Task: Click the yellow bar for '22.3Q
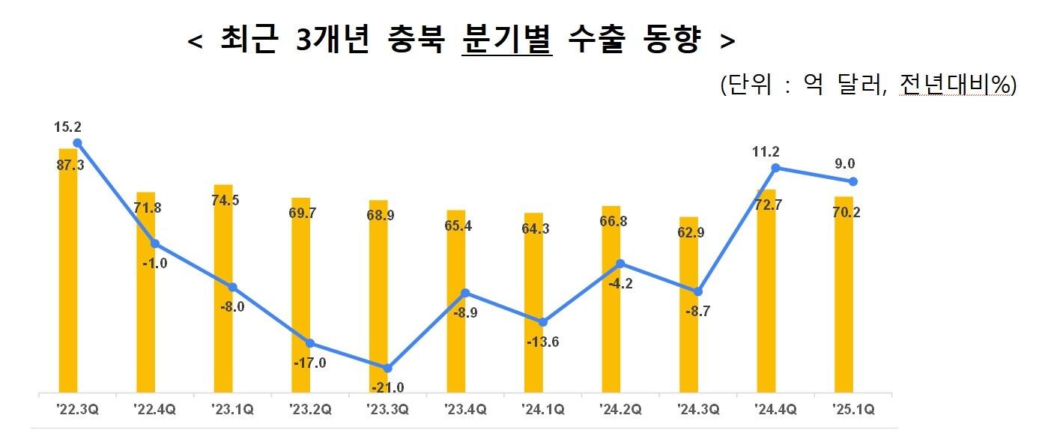[68, 270]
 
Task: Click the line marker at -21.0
[387, 368]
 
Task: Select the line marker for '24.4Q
[775, 168]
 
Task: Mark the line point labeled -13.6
[543, 322]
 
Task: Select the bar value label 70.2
[846, 212]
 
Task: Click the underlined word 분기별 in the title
[507, 41]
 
